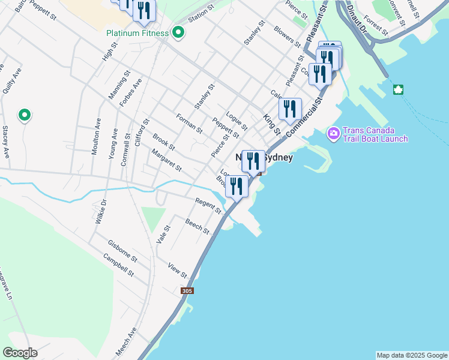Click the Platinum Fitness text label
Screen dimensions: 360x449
point(137,33)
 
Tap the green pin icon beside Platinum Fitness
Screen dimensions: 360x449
point(178,32)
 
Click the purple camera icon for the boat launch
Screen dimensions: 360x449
point(333,133)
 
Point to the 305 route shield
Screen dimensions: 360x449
point(187,290)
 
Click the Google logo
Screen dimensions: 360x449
point(20,353)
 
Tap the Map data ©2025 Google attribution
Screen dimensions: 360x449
point(411,355)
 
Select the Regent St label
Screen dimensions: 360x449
point(208,204)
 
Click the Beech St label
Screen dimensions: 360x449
point(197,227)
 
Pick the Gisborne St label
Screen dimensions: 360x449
point(122,251)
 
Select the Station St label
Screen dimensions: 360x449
point(200,15)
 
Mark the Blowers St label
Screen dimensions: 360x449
point(287,36)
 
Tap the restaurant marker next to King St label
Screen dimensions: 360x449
point(290,109)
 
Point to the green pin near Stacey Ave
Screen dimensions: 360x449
point(25,115)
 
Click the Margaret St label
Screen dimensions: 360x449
point(166,160)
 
